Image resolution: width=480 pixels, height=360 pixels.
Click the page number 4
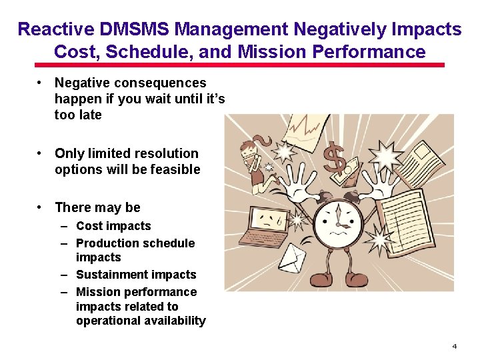click(454, 346)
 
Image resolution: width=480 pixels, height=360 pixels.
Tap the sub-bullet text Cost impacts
click(113, 226)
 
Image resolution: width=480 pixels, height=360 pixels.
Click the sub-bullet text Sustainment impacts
click(136, 275)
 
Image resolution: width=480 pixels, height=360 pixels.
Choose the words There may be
click(97, 207)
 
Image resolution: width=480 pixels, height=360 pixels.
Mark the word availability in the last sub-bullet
click(173, 321)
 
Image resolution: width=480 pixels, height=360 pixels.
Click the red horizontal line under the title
click(239, 65)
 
